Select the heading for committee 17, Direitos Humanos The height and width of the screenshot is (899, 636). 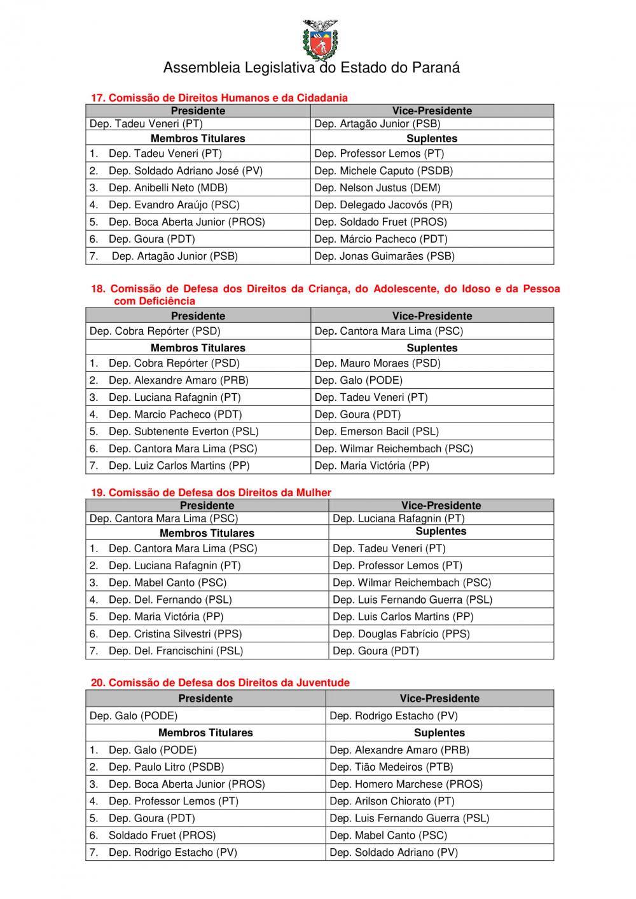[x=219, y=98]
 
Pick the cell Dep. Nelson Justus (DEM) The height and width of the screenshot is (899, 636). [x=377, y=187]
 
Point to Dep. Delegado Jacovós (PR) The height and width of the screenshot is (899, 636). [x=384, y=205]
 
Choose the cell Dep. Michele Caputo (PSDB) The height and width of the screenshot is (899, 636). [x=384, y=170]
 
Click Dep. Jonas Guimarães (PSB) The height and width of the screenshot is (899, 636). [x=384, y=256]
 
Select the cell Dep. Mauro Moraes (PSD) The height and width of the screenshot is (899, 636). [x=377, y=363]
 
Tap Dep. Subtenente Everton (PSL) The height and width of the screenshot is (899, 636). [x=183, y=431]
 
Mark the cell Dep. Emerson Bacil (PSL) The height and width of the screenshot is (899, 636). [x=377, y=431]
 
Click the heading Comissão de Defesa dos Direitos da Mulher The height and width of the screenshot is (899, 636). [x=211, y=492]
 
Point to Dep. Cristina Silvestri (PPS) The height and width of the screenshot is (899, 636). [x=175, y=633]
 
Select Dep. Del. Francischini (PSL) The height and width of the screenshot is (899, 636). [x=176, y=651]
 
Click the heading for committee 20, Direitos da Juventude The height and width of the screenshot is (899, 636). [x=220, y=682]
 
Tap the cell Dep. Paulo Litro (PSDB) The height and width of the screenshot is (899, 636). [x=166, y=767]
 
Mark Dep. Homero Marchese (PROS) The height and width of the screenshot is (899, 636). [x=406, y=784]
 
